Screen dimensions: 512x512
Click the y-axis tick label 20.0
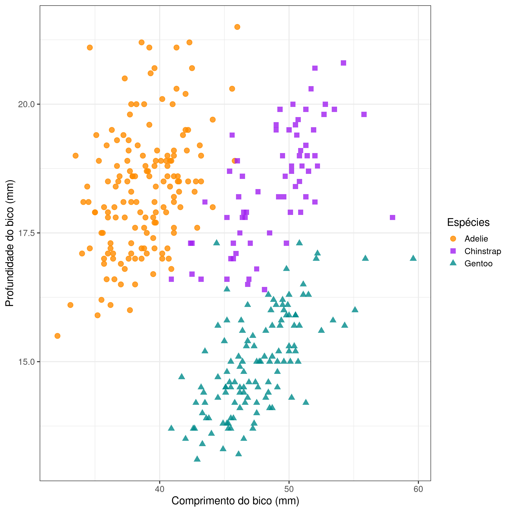[26, 104]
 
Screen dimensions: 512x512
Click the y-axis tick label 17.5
[26, 233]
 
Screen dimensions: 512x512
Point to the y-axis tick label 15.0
[26, 362]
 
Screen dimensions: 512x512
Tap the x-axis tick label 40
[160, 489]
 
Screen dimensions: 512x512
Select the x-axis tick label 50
[289, 489]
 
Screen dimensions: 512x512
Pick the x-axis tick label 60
[418, 489]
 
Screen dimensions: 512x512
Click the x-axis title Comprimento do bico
[235, 501]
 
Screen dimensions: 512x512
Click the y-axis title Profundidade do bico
[10, 243]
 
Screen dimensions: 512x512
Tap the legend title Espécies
[468, 222]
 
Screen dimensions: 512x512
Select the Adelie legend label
[476, 239]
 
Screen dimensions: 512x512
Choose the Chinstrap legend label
[483, 251]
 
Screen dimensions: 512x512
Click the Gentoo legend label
[478, 263]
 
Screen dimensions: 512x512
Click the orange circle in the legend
[453, 239]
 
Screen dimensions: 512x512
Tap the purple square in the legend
[453, 251]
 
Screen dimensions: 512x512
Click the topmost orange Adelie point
[237, 27]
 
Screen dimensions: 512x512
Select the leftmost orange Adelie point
[57, 336]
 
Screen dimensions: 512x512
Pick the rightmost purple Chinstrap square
[393, 218]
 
